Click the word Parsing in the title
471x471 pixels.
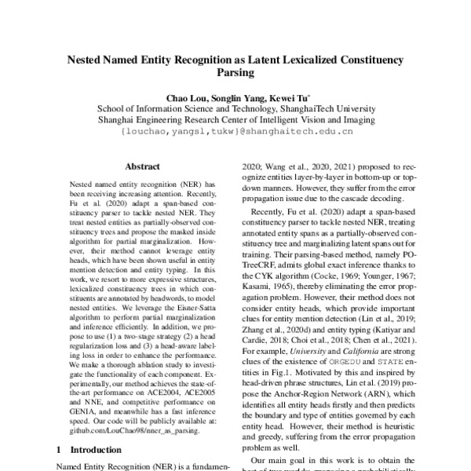pyautogui.click(x=235, y=73)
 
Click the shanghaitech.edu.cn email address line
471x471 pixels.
pyautogui.click(x=235, y=132)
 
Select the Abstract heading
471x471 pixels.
pyautogui.click(x=143, y=166)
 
